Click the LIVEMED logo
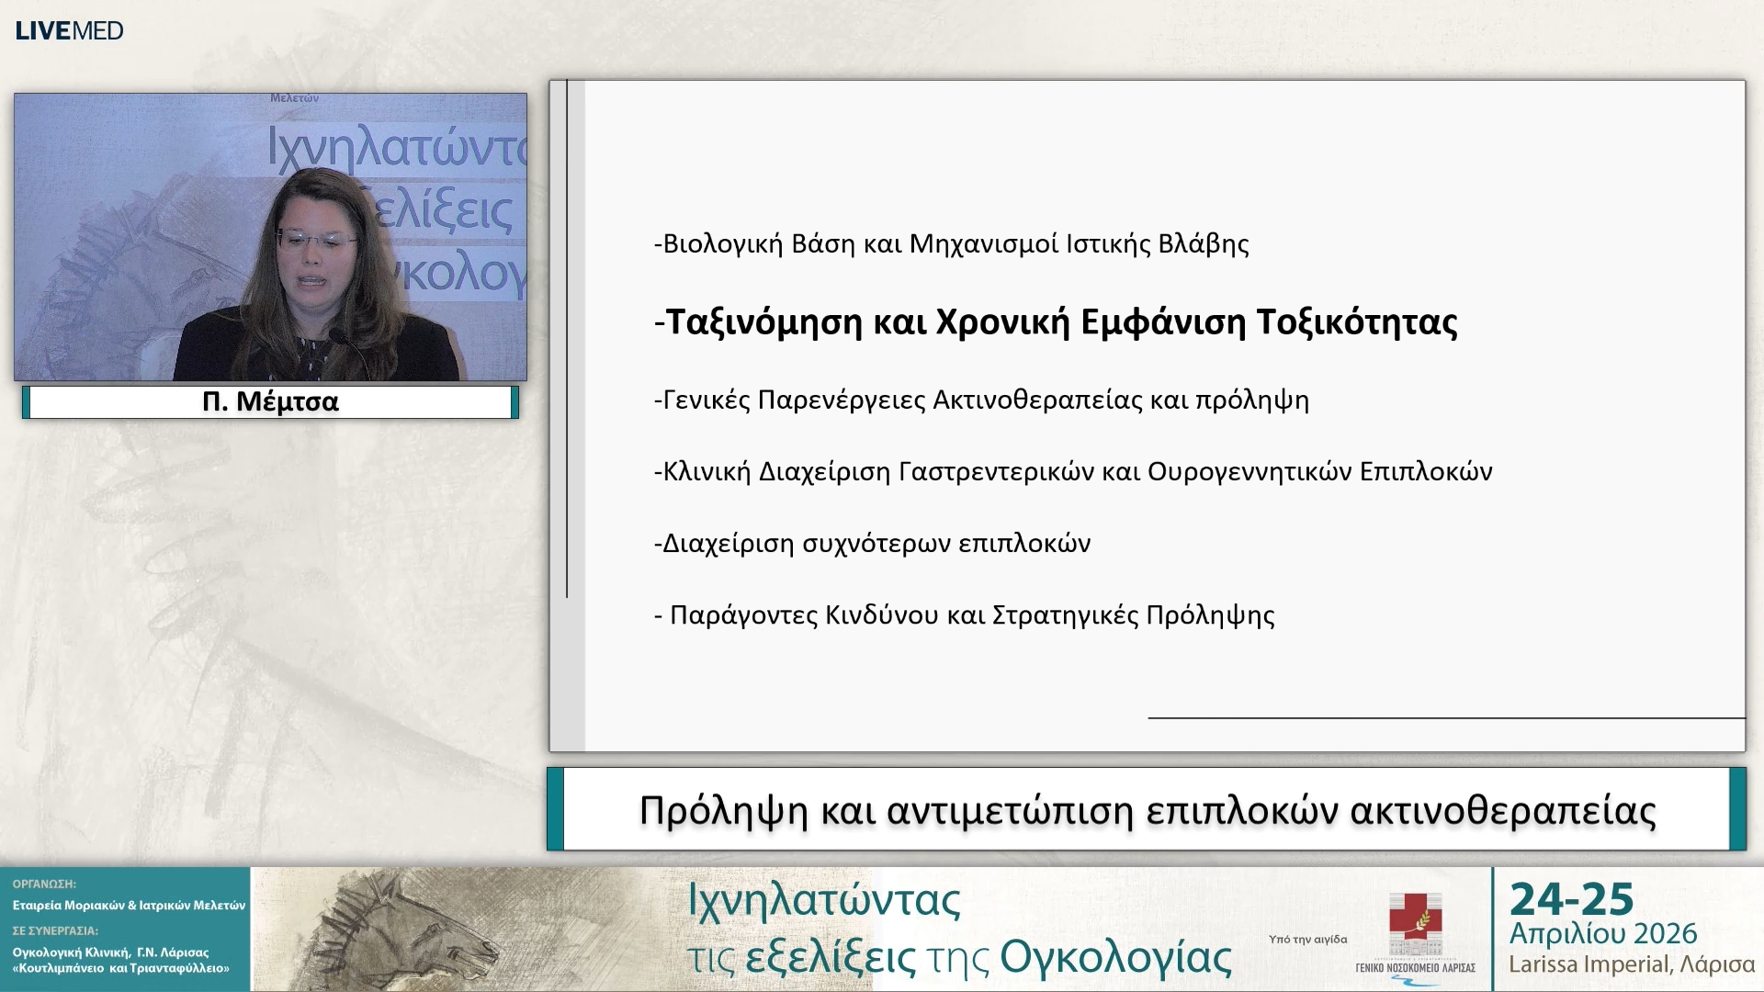(69, 30)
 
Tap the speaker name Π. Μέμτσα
(270, 402)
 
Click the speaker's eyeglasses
(315, 241)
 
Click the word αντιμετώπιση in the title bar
(1010, 811)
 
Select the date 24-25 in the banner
(1572, 899)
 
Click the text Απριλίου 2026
(1603, 934)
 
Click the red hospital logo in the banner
(1415, 923)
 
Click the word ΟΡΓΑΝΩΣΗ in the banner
(44, 884)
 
